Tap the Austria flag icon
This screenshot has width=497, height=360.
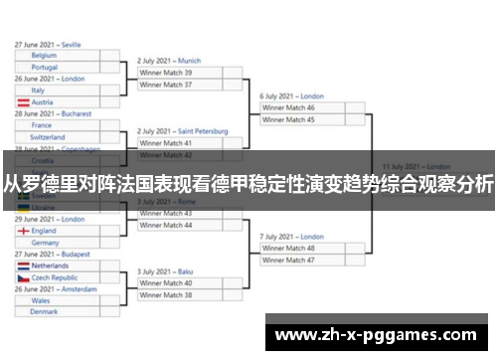(23, 102)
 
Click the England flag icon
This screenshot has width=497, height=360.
(23, 231)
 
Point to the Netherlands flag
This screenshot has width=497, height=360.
(23, 267)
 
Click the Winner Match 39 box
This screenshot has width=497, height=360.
(189, 73)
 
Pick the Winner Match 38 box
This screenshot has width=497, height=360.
(189, 294)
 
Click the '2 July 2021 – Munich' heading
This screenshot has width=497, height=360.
(169, 61)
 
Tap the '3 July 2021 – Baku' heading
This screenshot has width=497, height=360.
(165, 271)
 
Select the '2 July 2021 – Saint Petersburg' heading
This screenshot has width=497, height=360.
(183, 131)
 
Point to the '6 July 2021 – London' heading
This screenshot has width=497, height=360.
(292, 96)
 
